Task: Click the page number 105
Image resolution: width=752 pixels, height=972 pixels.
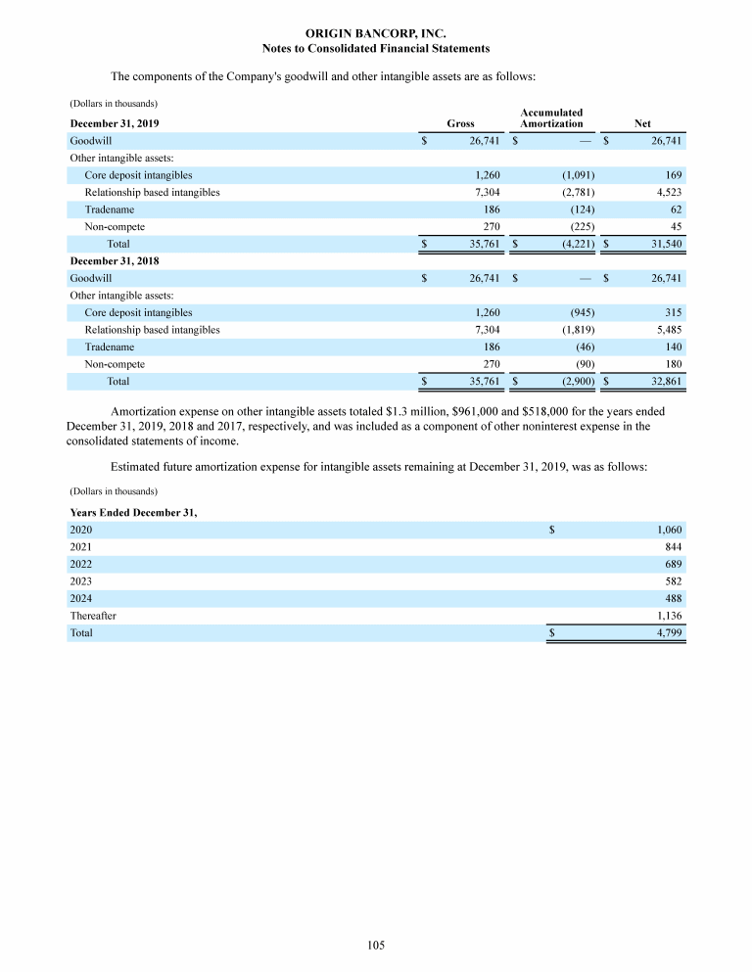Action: [x=376, y=945]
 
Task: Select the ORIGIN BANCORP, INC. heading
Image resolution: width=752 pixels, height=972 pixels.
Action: [x=376, y=33]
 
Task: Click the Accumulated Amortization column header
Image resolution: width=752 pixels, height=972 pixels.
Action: [x=551, y=118]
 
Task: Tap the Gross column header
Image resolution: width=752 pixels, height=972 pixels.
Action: [x=460, y=123]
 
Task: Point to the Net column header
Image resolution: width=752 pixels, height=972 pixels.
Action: [x=642, y=123]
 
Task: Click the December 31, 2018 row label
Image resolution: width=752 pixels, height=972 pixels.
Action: [x=115, y=261]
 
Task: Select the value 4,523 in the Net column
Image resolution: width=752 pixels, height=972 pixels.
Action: [x=665, y=193]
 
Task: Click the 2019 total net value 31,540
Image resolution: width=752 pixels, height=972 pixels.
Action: [x=663, y=244]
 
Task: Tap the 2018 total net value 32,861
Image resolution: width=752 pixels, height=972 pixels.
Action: [x=663, y=381]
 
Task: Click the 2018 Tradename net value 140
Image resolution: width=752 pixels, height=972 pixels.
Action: [x=672, y=347]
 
